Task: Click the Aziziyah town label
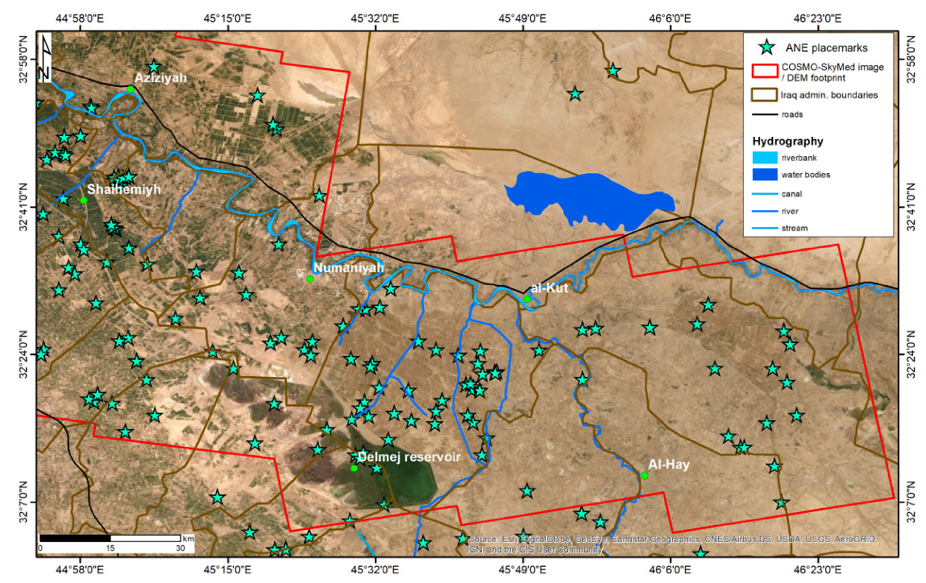[160, 78]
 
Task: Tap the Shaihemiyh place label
[124, 189]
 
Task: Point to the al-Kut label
[550, 287]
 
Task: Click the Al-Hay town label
[668, 465]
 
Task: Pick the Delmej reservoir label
[409, 457]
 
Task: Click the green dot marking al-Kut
[527, 300]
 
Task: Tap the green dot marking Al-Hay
[645, 475]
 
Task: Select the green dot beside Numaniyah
[310, 279]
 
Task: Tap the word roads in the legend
[793, 114]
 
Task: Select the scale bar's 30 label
[180, 548]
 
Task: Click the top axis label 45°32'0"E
[368, 18]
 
